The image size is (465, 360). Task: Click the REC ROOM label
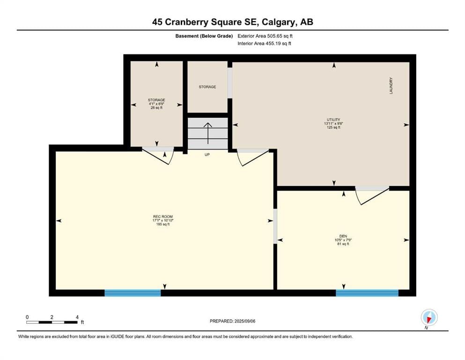pos(163,217)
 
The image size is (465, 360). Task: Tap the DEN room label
pos(343,236)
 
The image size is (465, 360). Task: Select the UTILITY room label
pos(333,120)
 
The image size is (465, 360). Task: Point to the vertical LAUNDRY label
pos(391,86)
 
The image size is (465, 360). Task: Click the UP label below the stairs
pos(207,155)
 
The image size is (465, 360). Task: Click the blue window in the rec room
pos(133,293)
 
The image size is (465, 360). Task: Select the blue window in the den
pos(367,293)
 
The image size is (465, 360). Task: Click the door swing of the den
pos(372,196)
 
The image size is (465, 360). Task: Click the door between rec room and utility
pos(253,157)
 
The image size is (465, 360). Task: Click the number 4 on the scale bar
pos(77,317)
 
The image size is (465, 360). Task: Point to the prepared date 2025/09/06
pos(244,321)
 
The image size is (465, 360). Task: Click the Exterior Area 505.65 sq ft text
pos(265,36)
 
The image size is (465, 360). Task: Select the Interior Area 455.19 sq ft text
pos(264,43)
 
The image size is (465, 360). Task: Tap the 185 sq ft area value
pos(163,225)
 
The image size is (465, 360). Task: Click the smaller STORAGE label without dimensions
pos(207,87)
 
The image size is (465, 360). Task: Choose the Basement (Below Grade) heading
pos(204,36)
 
